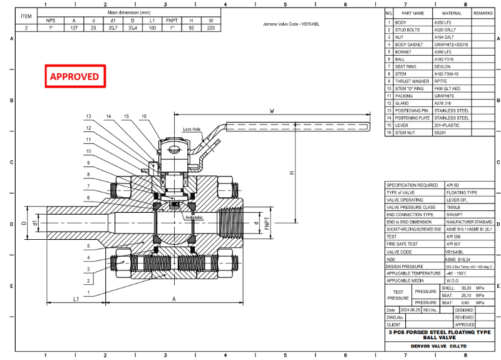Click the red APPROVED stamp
click(75, 76)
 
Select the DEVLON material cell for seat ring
click(443, 66)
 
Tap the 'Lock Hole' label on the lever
click(192, 129)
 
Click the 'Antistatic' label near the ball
click(195, 217)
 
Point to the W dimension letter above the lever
click(271, 112)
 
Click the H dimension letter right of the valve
click(291, 173)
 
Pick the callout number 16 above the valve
click(144, 116)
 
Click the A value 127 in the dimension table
click(75, 28)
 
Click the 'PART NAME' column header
click(412, 13)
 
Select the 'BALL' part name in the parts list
click(400, 59)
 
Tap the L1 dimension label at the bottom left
click(76, 299)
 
